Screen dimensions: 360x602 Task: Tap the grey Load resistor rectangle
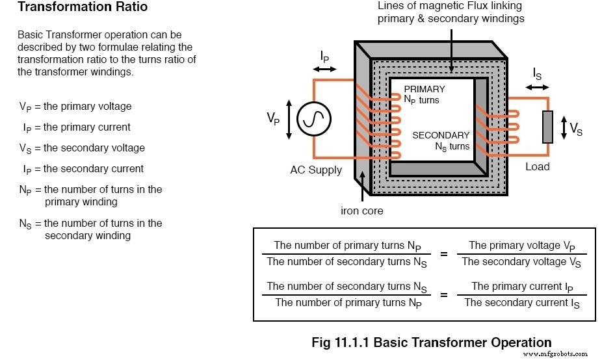(547, 127)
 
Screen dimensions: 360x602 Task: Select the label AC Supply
(316, 170)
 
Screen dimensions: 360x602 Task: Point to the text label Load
(537, 167)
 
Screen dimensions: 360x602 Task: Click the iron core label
(362, 211)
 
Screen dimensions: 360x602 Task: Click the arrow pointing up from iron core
(363, 188)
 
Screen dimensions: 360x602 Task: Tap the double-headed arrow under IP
(325, 68)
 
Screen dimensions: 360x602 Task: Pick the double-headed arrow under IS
(537, 86)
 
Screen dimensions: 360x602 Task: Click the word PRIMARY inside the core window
(425, 89)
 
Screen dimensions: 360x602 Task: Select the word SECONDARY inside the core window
(441, 135)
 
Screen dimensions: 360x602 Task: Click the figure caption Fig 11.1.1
(431, 342)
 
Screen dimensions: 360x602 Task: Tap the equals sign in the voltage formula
(444, 254)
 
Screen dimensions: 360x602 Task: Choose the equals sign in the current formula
(444, 295)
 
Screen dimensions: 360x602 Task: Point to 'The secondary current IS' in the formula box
(521, 303)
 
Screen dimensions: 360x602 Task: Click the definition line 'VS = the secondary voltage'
(82, 148)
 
